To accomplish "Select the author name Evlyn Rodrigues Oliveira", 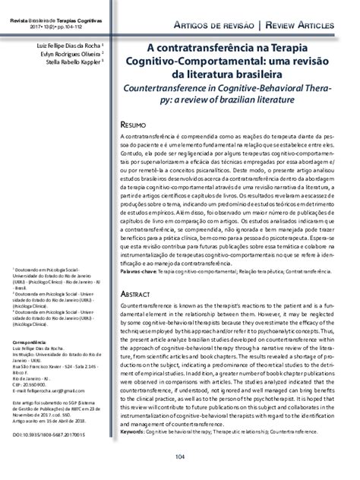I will tap(68, 54).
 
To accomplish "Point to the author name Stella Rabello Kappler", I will tap(71, 63).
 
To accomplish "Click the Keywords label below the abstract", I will tap(137, 409).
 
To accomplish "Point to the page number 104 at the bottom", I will tap(180, 456).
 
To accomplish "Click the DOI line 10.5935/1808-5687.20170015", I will tap(49, 435).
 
